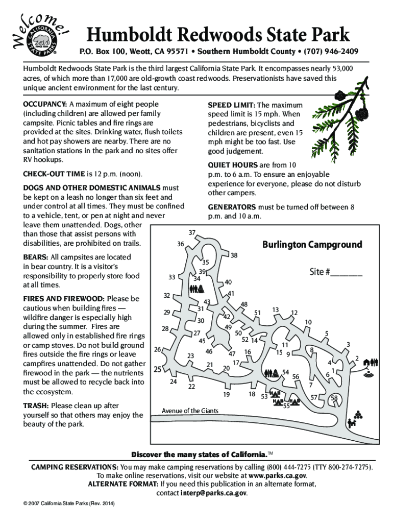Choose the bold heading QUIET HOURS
233,165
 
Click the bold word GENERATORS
232,207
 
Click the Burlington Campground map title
312,245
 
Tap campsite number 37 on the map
192,233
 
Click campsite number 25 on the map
158,369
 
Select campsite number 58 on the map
334,398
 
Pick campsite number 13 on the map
276,310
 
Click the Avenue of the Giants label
190,411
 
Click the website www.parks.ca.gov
277,476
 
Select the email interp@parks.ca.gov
214,493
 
